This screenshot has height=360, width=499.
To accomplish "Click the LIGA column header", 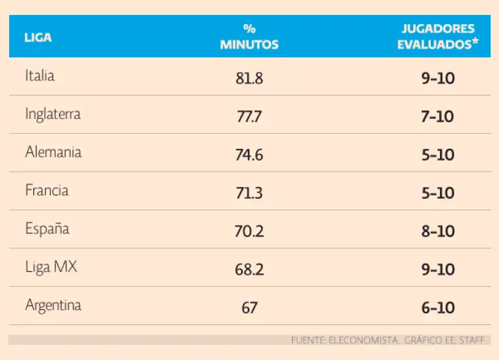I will pos(38,37).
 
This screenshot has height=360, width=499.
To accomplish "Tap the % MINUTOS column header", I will pos(249,37).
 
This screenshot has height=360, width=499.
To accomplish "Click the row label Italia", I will pos(40,75).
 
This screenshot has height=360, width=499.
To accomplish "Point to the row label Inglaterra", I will pos(53,114).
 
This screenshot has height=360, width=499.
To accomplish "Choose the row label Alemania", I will pos(53,152).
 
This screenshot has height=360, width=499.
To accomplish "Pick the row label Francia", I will pos(47,190).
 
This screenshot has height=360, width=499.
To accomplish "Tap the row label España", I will pos(47,229).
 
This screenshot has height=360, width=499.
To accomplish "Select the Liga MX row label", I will pos(51,267).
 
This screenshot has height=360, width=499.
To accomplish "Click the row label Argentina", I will pos(53,305).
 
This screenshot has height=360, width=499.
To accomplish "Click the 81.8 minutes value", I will pos(249,79).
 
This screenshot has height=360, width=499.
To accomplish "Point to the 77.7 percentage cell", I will pos(249,117).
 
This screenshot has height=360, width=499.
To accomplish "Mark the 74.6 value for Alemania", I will pos(249,155).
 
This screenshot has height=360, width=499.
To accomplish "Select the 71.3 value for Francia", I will pos(249,193).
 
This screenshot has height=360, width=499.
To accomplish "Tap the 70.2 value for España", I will pos(249,231).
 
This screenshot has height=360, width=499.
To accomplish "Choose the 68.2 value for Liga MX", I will pos(249,270).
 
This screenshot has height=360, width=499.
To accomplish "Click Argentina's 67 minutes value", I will pos(249,308).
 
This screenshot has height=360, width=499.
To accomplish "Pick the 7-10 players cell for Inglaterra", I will pos(437,117).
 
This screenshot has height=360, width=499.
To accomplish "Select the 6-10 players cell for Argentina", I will pos(437,308).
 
